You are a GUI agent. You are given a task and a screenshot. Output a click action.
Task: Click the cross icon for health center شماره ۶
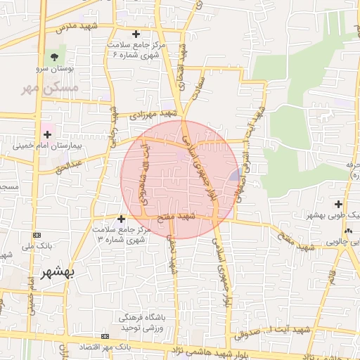click(x=136, y=34)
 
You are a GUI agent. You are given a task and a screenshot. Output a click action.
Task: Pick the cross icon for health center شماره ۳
click(x=121, y=219)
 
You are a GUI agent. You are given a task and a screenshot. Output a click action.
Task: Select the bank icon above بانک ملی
click(x=37, y=235)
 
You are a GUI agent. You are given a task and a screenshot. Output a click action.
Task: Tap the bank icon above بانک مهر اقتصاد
click(x=105, y=337)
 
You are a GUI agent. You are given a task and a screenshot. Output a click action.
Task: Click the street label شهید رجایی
click(x=112, y=127)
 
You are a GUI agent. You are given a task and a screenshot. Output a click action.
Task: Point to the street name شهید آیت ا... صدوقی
click(x=303, y=328)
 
